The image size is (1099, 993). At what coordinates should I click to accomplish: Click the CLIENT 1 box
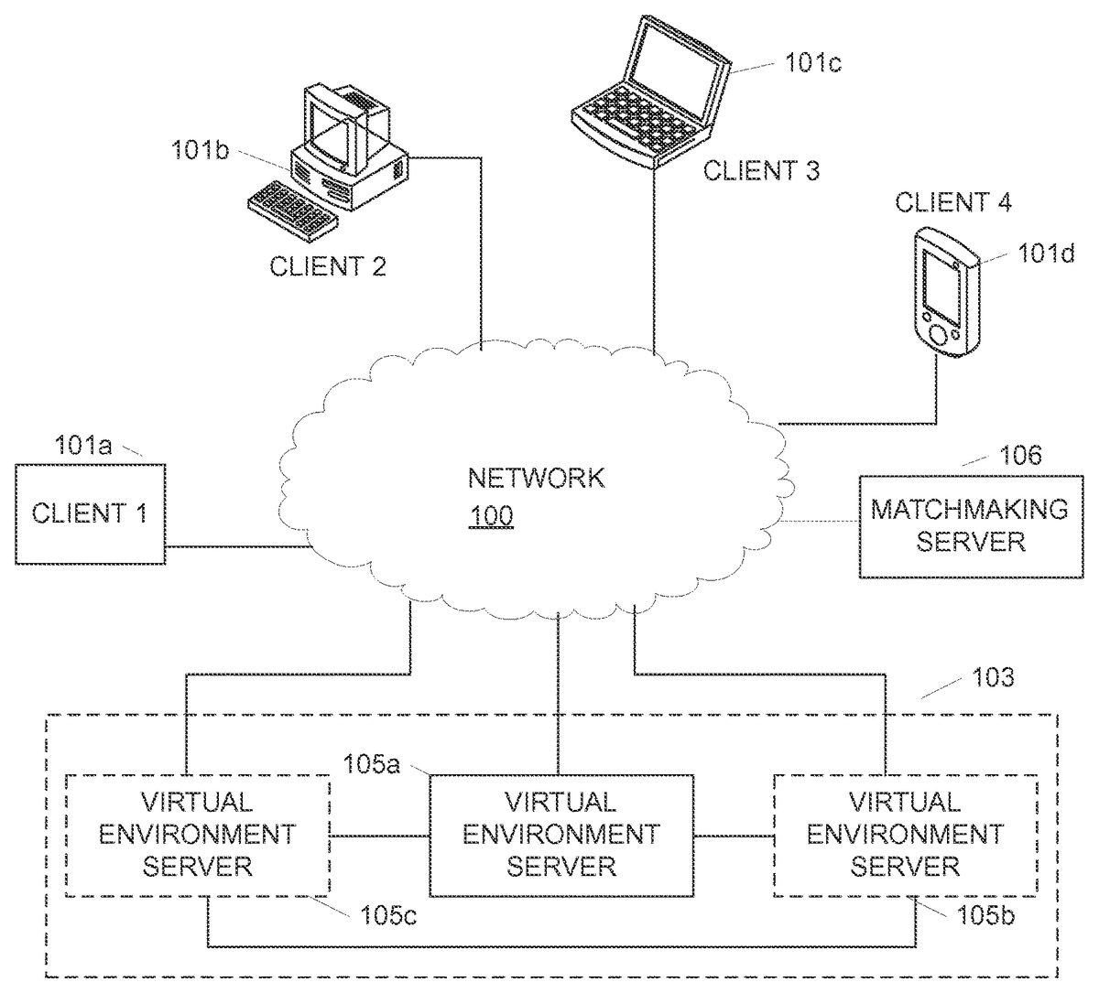click(90, 513)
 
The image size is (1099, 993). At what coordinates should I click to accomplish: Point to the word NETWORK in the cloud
click(537, 478)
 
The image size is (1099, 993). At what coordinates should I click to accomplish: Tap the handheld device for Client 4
click(945, 290)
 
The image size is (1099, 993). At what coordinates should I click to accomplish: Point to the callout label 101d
click(1047, 254)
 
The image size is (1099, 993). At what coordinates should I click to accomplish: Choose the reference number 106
click(1021, 455)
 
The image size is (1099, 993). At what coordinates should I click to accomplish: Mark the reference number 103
click(994, 678)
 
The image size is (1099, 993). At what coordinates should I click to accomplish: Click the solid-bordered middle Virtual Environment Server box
click(561, 834)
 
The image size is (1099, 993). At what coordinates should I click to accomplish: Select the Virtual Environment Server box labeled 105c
click(198, 834)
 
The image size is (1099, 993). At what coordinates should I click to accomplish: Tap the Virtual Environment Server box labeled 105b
click(905, 834)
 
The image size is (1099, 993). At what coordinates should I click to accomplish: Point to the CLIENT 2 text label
click(328, 266)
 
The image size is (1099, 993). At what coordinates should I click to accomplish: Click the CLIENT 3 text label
click(761, 170)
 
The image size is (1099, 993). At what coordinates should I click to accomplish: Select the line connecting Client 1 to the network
click(234, 548)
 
